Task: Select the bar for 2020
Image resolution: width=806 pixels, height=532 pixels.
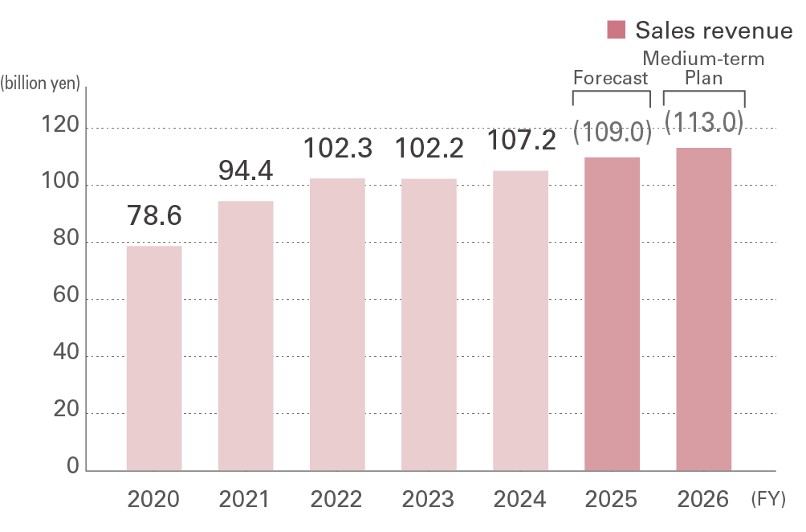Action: (154, 358)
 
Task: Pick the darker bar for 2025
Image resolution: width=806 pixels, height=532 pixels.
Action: (612, 313)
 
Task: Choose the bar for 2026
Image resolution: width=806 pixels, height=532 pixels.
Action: (703, 309)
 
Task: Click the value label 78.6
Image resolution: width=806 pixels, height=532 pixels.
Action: (154, 216)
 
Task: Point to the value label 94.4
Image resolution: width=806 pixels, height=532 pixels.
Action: (246, 170)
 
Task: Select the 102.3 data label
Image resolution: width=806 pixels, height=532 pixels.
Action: (337, 148)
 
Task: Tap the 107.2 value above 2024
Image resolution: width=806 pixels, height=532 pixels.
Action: (521, 141)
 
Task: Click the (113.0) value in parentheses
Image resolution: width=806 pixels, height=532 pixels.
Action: (704, 122)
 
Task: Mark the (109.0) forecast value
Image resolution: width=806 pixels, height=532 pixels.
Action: (613, 132)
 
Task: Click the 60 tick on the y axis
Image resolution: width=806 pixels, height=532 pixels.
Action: (67, 298)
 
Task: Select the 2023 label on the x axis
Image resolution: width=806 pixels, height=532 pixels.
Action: (429, 500)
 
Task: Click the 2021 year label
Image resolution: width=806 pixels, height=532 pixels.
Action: (246, 500)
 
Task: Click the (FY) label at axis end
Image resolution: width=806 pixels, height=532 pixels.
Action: (768, 500)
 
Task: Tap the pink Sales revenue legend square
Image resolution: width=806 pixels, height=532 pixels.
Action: (617, 30)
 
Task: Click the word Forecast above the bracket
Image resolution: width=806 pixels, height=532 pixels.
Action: (610, 79)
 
